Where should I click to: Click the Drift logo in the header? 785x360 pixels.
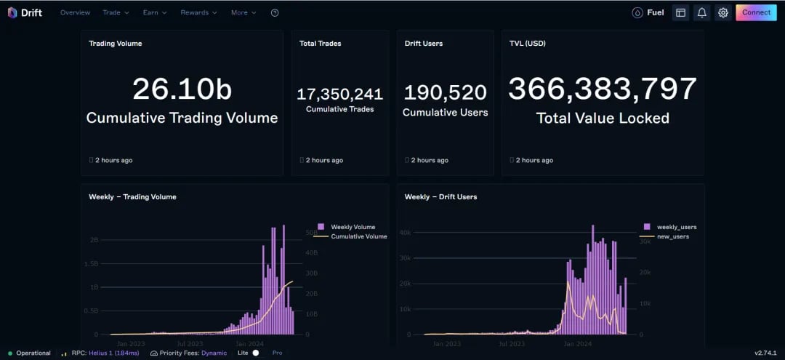(x=25, y=12)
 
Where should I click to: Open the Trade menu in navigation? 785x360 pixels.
(x=116, y=12)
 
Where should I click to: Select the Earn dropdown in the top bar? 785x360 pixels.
(x=155, y=12)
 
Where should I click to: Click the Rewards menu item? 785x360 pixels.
(x=198, y=12)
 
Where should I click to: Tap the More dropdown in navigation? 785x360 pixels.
(x=243, y=12)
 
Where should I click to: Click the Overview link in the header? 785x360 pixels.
(x=75, y=12)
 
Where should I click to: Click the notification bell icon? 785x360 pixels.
(x=702, y=12)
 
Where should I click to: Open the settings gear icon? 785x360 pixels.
(x=723, y=12)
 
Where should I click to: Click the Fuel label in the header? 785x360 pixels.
(x=656, y=12)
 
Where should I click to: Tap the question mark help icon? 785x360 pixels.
(x=275, y=12)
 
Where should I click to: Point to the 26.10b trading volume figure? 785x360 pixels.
(x=182, y=89)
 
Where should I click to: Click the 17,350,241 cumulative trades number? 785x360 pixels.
(x=340, y=94)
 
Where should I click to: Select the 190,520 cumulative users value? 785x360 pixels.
(x=445, y=92)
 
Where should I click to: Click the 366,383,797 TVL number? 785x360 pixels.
(x=603, y=89)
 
